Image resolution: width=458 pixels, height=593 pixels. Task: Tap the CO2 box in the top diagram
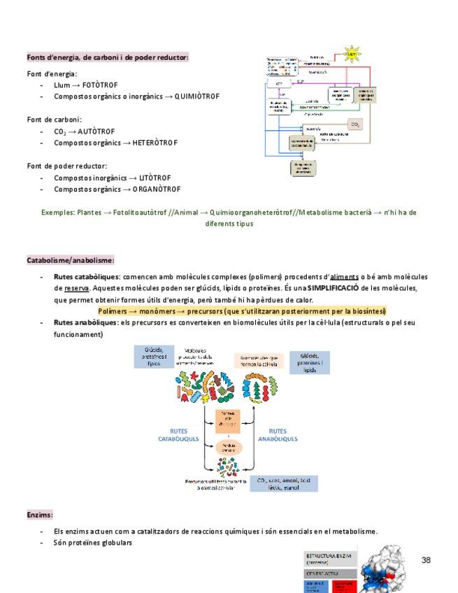click(x=355, y=124)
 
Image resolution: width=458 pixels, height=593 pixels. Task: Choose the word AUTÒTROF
click(x=96, y=131)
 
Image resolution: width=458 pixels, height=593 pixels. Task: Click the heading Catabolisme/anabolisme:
click(x=71, y=260)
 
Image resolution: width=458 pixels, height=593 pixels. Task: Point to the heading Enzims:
click(x=40, y=515)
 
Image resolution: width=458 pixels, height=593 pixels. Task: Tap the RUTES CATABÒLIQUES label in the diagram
click(x=178, y=435)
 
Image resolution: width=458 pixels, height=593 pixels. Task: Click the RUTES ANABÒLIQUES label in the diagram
click(x=278, y=435)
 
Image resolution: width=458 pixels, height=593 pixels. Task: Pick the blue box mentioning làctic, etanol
click(x=287, y=483)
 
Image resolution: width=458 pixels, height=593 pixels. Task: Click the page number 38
click(x=426, y=560)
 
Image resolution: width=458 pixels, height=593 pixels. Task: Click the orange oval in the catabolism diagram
click(x=228, y=447)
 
